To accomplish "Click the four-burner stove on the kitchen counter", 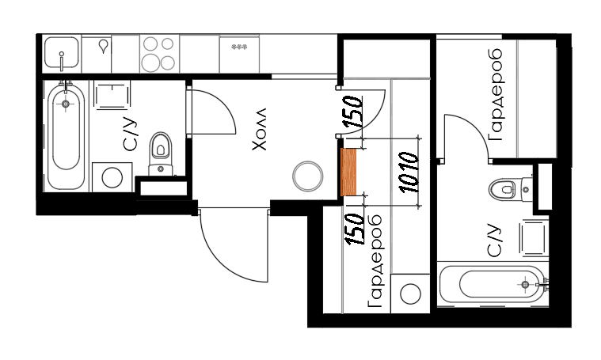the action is coord(159,54).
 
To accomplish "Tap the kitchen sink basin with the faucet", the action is coord(61,52).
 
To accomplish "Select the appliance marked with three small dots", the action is coord(239,54).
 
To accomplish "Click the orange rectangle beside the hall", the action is coord(348,172).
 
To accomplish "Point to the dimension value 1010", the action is coord(408,172).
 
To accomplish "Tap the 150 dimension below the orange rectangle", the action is coord(355,229).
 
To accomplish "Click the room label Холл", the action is coord(259,129).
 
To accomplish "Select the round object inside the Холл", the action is coord(307,176).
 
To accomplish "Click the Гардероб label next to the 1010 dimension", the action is coord(375,262).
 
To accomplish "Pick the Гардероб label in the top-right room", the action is coord(495,95).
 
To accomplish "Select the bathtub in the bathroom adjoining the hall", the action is coord(66,136).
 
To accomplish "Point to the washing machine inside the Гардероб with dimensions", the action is coord(410,294).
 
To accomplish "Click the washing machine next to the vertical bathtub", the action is coord(112,177).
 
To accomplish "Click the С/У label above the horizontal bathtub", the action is coord(494,241).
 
